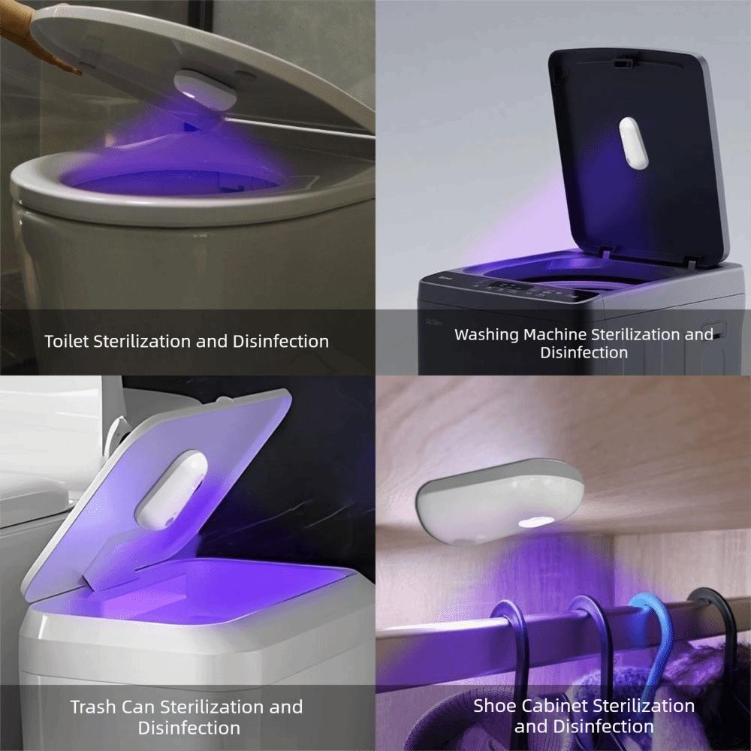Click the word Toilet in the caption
pyautogui.click(x=66, y=342)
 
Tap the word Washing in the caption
pyautogui.click(x=487, y=334)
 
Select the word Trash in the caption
pyautogui.click(x=93, y=707)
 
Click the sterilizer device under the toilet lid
pyautogui.click(x=204, y=92)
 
